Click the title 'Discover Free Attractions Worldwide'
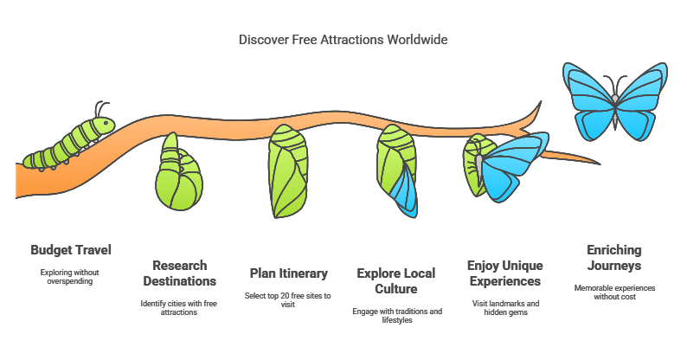[x=343, y=40]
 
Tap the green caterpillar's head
[x=106, y=125]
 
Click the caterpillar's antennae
[x=101, y=109]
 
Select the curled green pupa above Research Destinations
[x=178, y=172]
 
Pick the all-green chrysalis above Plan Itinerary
[x=288, y=171]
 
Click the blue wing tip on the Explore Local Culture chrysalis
[x=406, y=193]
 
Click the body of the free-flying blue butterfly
[x=615, y=111]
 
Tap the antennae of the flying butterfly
[x=615, y=84]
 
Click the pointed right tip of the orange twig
[x=599, y=164]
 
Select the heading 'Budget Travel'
[x=71, y=250]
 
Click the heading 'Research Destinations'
[x=180, y=273]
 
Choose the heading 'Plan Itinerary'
[x=289, y=273]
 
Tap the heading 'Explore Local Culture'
[x=396, y=281]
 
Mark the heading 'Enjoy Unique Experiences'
[x=505, y=273]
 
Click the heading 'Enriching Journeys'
[x=614, y=258]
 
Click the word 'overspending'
[x=70, y=281]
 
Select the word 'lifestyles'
[x=397, y=320]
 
